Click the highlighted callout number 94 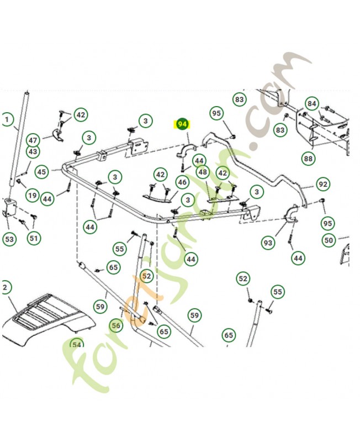pyautogui.click(x=182, y=125)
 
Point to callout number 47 pyautogui.click(x=33, y=140)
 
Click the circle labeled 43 pyautogui.click(x=33, y=151)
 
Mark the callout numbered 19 pyautogui.click(x=32, y=195)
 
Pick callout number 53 pyautogui.click(x=9, y=239)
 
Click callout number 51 pyautogui.click(x=34, y=238)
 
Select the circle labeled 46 pyautogui.click(x=182, y=182)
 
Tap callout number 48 pyautogui.click(x=203, y=172)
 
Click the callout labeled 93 pyautogui.click(x=268, y=243)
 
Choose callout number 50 pyautogui.click(x=329, y=240)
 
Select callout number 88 pyautogui.click(x=308, y=159)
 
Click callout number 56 pyautogui.click(x=116, y=326)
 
